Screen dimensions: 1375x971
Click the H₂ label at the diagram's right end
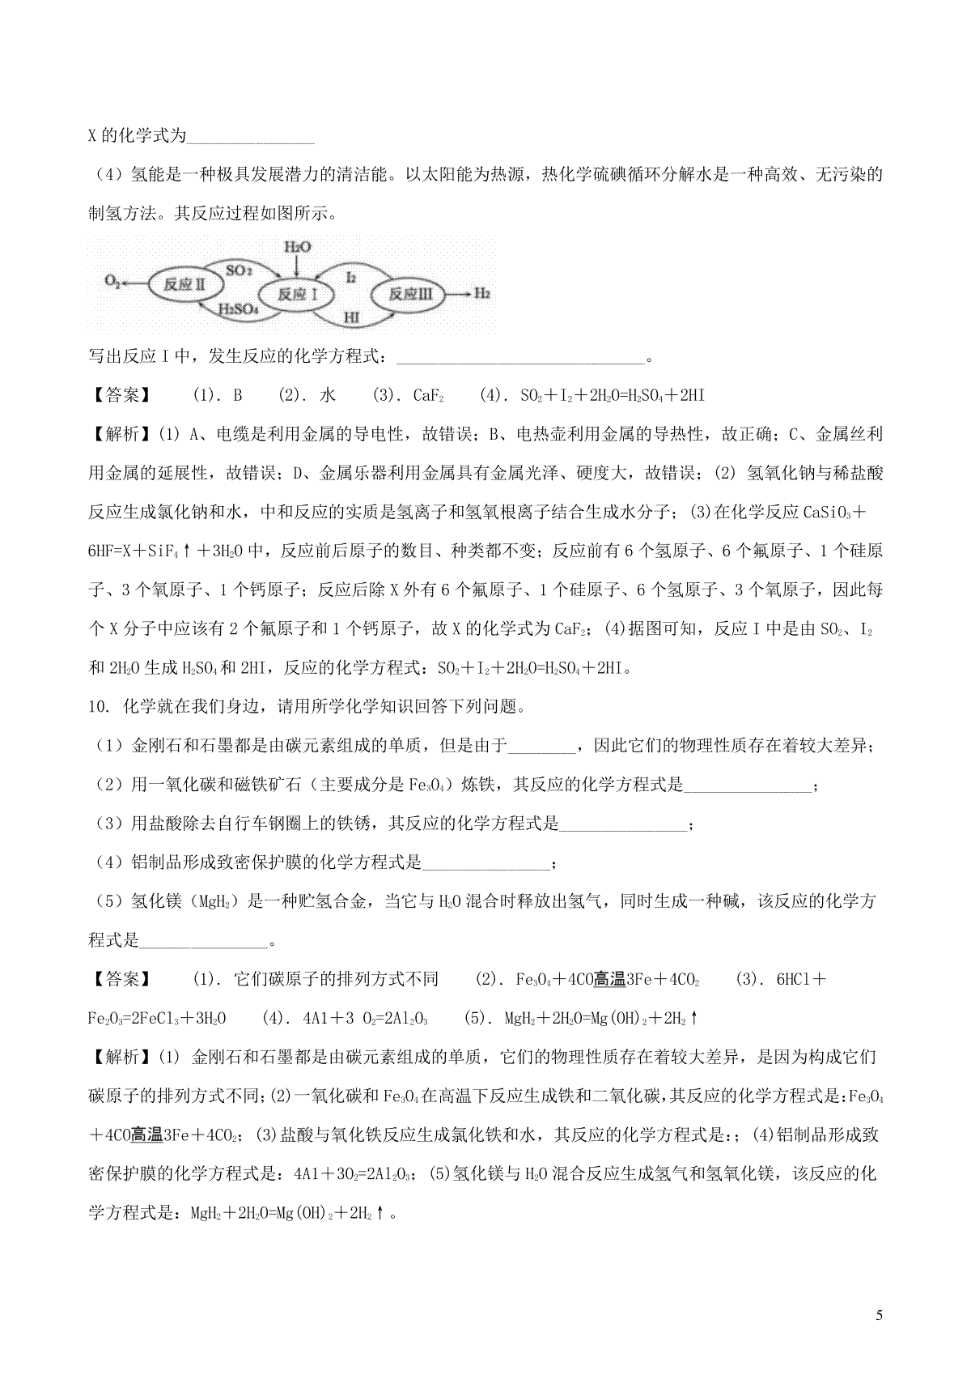482,293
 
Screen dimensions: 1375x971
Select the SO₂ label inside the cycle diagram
239,269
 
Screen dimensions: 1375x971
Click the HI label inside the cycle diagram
351,317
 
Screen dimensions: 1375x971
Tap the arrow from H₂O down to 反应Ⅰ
298,266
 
